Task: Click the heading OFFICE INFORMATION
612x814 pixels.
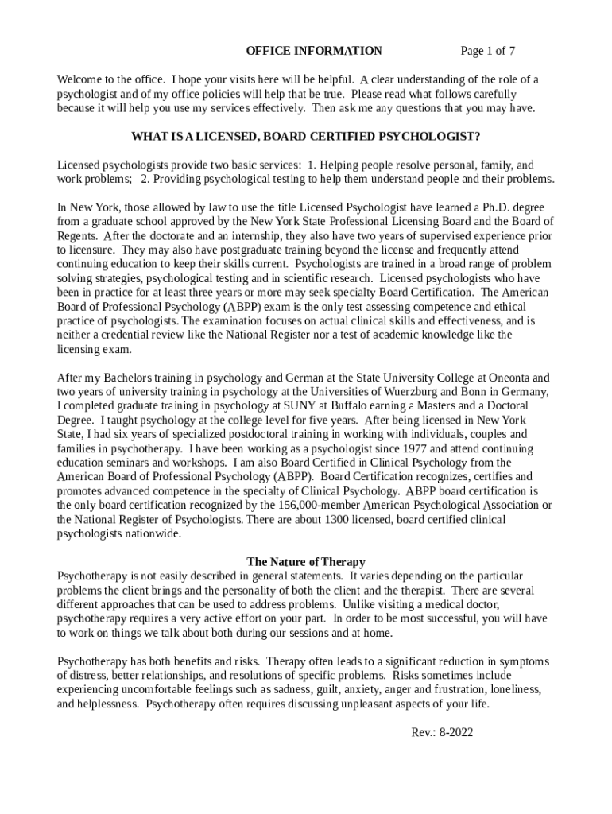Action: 314,52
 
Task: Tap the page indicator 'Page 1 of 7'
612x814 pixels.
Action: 488,52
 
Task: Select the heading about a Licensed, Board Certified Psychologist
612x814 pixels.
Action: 305,136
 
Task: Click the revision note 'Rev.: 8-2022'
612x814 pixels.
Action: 442,732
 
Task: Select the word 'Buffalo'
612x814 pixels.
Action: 358,406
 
